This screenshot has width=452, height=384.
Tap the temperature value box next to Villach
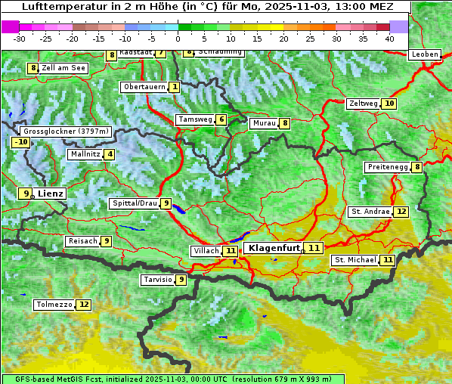pos(231,250)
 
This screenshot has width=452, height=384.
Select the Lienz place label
pos(51,194)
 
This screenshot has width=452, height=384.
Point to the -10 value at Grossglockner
pos(20,142)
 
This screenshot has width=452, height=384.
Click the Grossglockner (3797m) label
pos(67,132)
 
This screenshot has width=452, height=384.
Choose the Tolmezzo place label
pos(54,305)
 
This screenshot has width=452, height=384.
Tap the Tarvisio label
pos(157,280)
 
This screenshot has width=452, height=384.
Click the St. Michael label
pos(355,260)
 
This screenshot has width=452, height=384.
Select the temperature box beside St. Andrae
pos(401,212)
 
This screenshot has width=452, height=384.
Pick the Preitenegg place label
pos(387,167)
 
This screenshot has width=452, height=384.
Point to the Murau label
pos(264,123)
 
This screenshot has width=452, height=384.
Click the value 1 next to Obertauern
pos(175,87)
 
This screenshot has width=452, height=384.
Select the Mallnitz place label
pos(84,154)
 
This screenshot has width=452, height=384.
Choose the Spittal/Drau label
pos(134,203)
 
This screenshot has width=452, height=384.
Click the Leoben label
pos(424,54)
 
